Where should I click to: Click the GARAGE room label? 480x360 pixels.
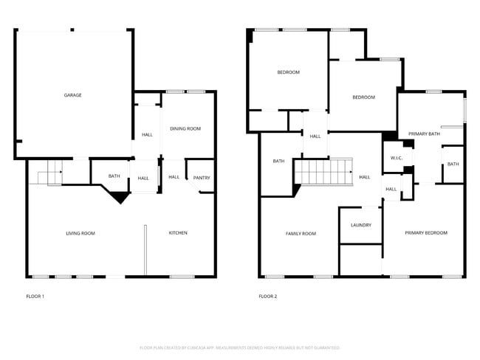tap(72, 95)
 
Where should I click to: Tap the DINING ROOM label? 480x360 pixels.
tap(185, 129)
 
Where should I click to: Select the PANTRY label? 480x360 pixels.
tap(201, 178)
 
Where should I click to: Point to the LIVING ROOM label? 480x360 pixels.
tap(80, 234)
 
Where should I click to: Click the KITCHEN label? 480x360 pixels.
tap(178, 233)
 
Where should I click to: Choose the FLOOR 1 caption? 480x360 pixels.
tap(35, 297)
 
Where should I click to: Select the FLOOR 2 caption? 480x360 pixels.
tap(267, 297)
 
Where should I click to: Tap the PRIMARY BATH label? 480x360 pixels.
tap(424, 134)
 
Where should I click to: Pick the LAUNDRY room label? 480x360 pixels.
tap(360, 225)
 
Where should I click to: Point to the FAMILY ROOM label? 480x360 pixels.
tap(301, 234)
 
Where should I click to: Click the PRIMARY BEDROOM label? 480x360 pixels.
tap(425, 233)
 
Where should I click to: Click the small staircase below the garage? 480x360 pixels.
tap(49, 174)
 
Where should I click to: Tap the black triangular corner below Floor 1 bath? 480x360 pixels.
tap(118, 196)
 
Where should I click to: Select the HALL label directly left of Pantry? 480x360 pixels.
tap(174, 177)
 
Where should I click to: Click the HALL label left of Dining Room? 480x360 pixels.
tap(147, 134)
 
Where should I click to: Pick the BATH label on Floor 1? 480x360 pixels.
tap(114, 176)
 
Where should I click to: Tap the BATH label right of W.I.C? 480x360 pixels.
tap(452, 164)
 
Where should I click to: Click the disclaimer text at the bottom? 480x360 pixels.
tap(239, 347)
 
